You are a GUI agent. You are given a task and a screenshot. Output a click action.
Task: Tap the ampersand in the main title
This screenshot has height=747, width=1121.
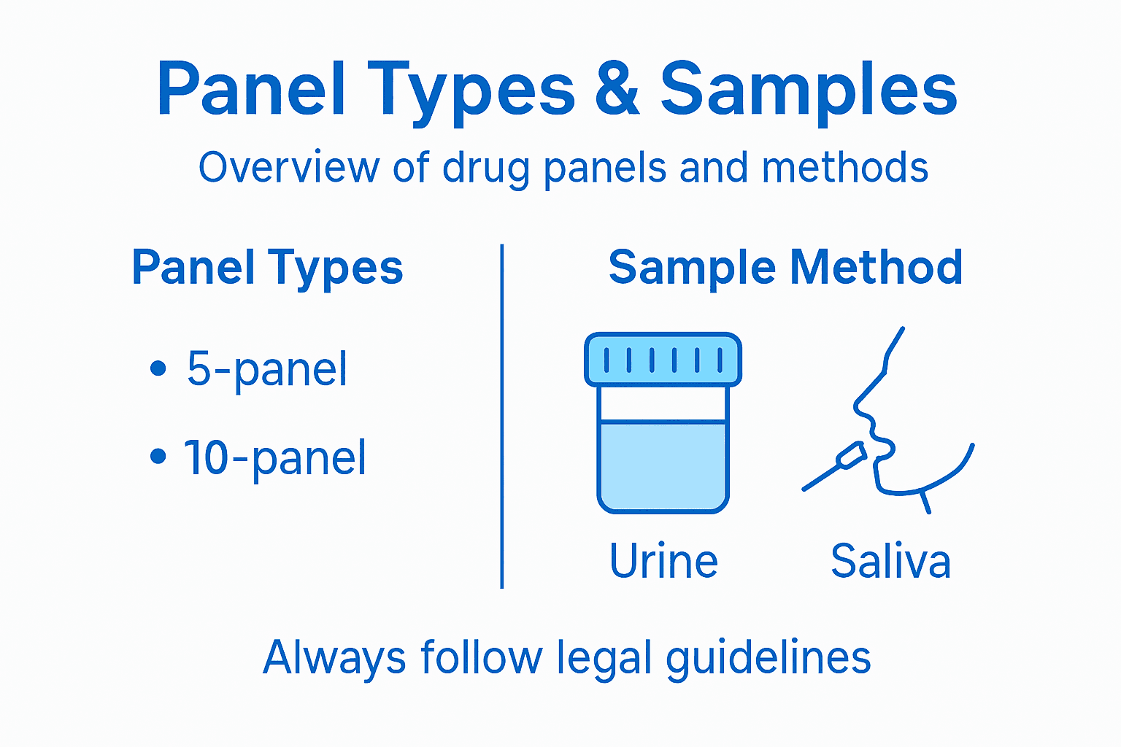point(617,89)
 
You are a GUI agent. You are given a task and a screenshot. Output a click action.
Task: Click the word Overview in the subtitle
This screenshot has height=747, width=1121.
point(289,167)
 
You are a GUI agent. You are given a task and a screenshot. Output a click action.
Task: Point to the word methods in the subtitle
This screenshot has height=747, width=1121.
point(845,167)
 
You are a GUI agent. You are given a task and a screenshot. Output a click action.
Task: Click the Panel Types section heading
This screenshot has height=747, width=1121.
point(267,267)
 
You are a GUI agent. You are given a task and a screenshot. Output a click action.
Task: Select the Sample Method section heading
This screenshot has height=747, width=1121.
point(785,267)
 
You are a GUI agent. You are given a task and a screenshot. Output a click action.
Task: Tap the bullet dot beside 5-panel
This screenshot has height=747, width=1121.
point(158,368)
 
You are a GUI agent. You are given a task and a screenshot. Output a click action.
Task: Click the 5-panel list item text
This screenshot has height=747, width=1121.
point(267,369)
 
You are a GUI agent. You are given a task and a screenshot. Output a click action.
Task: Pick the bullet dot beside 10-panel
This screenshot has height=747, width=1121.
point(158,457)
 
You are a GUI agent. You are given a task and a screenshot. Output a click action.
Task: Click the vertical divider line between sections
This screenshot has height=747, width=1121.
point(502,416)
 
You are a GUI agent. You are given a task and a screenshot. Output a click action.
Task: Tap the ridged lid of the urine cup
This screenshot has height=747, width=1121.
point(663,359)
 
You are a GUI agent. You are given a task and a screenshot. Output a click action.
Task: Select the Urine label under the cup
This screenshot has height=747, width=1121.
point(663,561)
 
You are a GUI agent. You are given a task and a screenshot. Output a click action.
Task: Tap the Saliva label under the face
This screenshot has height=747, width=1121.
point(890,561)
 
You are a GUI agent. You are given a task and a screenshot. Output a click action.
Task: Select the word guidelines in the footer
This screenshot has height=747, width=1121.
point(768,658)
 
